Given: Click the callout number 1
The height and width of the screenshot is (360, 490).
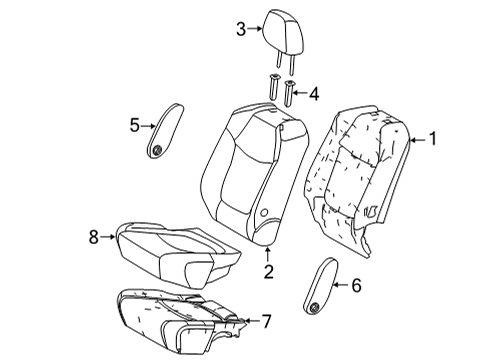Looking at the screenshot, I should coord(433,140).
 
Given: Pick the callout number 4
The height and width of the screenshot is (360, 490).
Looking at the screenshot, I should coord(313,95).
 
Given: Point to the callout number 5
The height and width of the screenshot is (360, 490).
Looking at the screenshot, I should coord(135,124).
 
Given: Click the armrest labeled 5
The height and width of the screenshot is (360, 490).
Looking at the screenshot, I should coord(167,127).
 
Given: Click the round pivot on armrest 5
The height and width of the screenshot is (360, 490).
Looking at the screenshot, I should coord(159,148).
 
